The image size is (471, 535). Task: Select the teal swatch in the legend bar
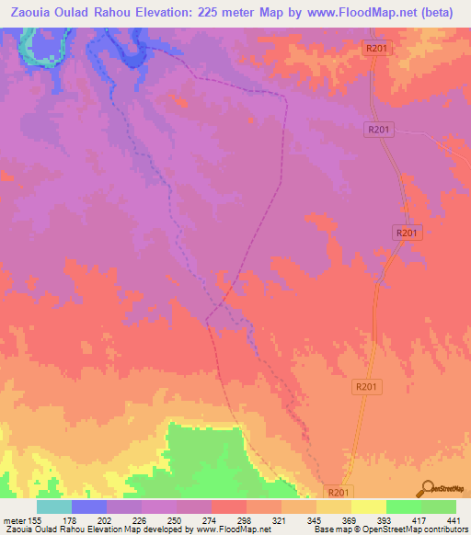coord(54,507)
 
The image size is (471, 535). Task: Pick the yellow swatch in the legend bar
coord(368,507)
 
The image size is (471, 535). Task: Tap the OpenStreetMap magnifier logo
coord(426,487)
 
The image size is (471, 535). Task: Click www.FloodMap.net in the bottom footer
coord(232,529)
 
